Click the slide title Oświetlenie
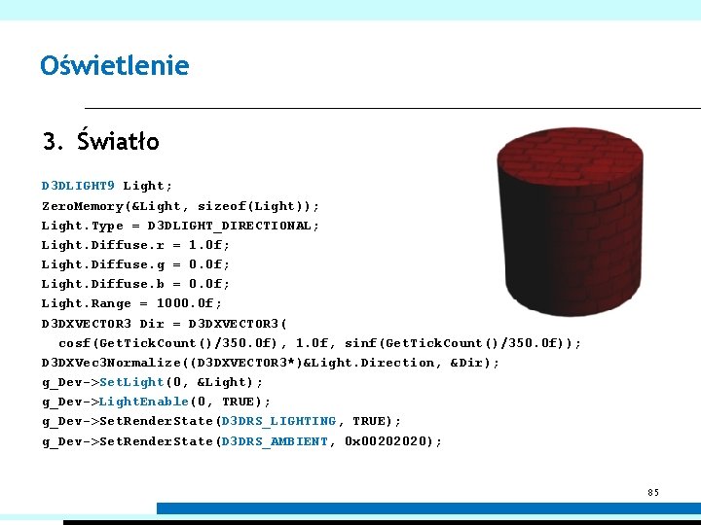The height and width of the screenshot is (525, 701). [115, 66]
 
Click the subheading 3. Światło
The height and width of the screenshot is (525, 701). [101, 142]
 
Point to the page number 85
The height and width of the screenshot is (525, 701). [653, 492]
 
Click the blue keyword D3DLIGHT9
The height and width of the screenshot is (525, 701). [78, 186]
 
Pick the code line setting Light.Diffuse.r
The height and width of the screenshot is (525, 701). [135, 245]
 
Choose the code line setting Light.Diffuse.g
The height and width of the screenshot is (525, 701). [135, 264]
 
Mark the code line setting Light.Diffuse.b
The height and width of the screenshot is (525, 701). [135, 284]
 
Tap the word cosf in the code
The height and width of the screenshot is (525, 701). [74, 343]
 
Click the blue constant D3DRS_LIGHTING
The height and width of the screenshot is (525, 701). [278, 421]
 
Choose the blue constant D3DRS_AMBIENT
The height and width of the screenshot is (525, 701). [275, 441]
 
